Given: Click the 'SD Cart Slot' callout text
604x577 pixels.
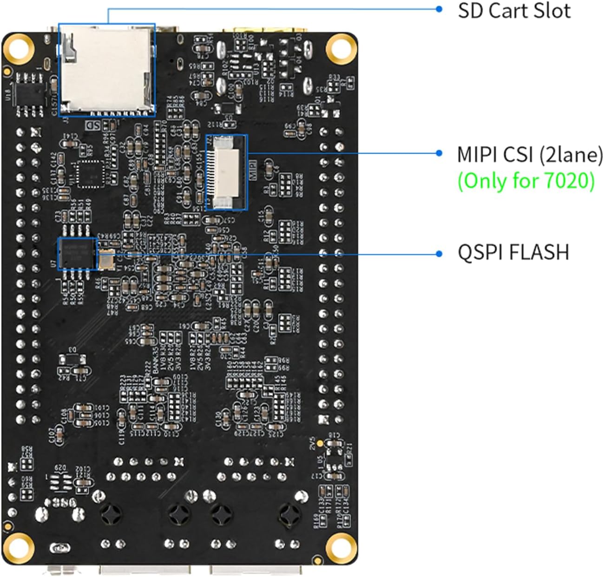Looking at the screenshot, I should click(x=514, y=11).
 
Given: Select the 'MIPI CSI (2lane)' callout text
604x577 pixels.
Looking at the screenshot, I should click(x=530, y=154).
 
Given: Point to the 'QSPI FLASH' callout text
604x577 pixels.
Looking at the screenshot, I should click(x=513, y=252).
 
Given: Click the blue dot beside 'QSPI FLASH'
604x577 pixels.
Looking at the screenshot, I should click(x=439, y=253).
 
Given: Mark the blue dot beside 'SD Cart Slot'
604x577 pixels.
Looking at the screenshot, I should click(x=439, y=9).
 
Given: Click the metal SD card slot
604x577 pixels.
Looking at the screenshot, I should click(x=107, y=70).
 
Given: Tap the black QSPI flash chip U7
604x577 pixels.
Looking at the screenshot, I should click(x=77, y=254).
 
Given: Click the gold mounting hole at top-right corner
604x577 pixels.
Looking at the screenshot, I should click(x=341, y=48).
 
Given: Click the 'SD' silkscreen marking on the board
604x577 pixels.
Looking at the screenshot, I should click(x=93, y=125).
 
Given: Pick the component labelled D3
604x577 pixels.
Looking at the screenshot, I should click(x=73, y=359).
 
